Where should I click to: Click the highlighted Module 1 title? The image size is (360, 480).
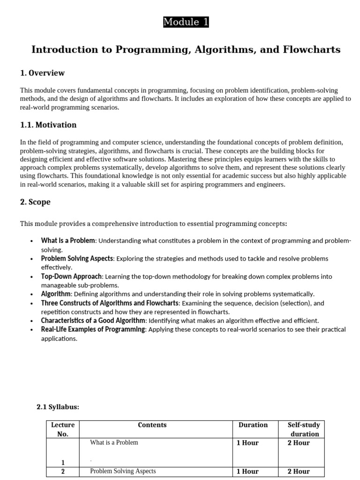pyautogui.click(x=186, y=22)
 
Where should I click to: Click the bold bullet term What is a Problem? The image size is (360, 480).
pyautogui.click(x=68, y=241)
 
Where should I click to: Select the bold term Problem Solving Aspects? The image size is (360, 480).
pyautogui.click(x=77, y=259)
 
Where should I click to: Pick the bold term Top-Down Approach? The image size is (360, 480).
pyautogui.click(x=71, y=277)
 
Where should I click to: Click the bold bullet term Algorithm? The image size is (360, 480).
pyautogui.click(x=56, y=294)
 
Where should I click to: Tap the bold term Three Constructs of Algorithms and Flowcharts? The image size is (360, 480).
pyautogui.click(x=110, y=303)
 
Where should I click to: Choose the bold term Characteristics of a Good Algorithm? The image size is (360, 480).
pyautogui.click(x=93, y=321)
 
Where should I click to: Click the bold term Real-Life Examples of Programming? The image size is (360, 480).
pyautogui.click(x=93, y=330)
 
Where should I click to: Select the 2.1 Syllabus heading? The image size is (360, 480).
pyautogui.click(x=58, y=407)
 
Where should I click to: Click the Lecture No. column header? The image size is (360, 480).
pyautogui.click(x=63, y=429)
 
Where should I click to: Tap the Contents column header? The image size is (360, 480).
pyautogui.click(x=152, y=425)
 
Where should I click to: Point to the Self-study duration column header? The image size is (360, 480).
pyautogui.click(x=304, y=429)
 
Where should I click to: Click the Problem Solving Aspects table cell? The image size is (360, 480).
pyautogui.click(x=123, y=471)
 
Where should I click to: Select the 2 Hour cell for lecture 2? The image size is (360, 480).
pyautogui.click(x=299, y=472)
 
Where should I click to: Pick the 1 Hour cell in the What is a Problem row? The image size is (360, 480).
pyautogui.click(x=247, y=443)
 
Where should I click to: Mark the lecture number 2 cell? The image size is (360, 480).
pyautogui.click(x=63, y=472)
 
